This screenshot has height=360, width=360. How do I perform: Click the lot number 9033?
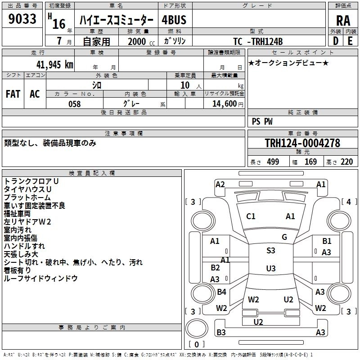pyautogui.click(x=22, y=19)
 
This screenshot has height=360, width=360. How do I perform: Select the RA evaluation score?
pyautogui.click(x=343, y=20)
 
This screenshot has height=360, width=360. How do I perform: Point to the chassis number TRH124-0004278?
pyautogui.click(x=302, y=143)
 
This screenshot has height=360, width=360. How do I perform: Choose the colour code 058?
pyautogui.click(x=74, y=104)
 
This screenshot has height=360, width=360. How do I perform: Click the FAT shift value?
pyautogui.click(x=13, y=94)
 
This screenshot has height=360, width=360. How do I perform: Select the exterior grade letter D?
pyautogui.click(x=335, y=41)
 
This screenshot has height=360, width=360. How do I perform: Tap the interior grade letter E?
pyautogui.click(x=350, y=41)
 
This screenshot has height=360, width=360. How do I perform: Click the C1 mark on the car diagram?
pyautogui.click(x=251, y=216)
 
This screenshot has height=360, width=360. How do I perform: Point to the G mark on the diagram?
pyautogui.click(x=284, y=237)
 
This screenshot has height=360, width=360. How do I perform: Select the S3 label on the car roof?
pyautogui.click(x=270, y=251)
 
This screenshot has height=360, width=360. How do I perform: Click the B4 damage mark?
pyautogui.click(x=221, y=292)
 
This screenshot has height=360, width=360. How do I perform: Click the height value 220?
pyautogui.click(x=346, y=162)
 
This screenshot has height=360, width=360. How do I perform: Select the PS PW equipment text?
pyautogui.click(x=262, y=121)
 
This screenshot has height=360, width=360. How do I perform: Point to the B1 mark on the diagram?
pyautogui.click(x=327, y=241)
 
